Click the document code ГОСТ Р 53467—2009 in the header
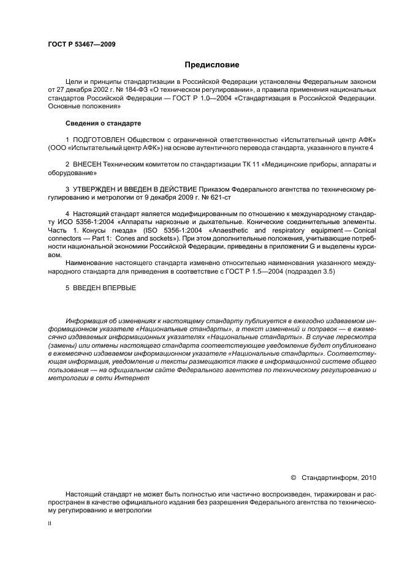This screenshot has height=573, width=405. click(x=81, y=44)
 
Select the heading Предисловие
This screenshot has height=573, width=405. click(x=212, y=64)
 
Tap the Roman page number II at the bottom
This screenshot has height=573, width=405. click(x=50, y=523)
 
